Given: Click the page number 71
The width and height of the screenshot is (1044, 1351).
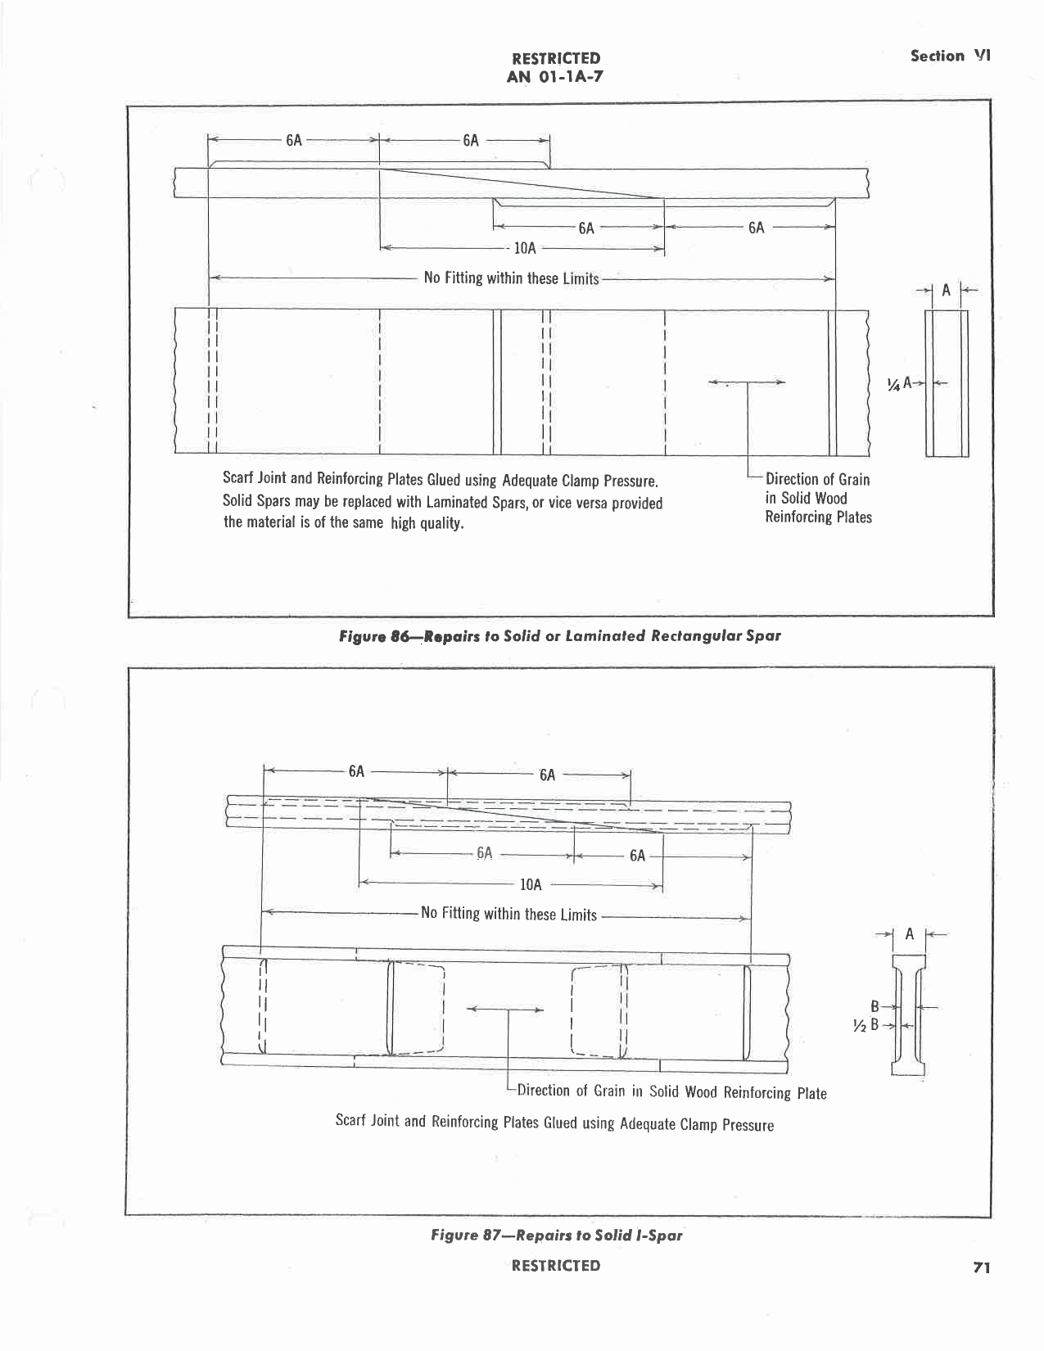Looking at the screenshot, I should tap(982, 1267).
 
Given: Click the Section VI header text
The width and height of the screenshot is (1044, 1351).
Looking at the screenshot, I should tap(951, 56).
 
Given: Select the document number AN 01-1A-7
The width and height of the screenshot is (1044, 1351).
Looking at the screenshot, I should tap(556, 77).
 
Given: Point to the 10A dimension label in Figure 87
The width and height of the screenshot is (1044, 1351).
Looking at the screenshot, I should tap(531, 884).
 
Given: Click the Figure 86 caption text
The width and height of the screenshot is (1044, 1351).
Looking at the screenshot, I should tap(560, 635).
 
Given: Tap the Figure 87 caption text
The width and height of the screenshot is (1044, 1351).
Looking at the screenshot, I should tap(556, 1235).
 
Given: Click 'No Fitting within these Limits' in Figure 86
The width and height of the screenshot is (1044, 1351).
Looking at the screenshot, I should tap(511, 278).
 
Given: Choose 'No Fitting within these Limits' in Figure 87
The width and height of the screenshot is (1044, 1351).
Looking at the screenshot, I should tap(508, 914).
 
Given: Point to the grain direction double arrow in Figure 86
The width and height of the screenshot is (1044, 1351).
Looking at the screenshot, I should tap(746, 382).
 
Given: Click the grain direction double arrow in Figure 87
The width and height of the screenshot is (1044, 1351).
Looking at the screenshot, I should tap(504, 1010).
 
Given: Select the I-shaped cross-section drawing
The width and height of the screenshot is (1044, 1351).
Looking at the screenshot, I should tap(908, 1015).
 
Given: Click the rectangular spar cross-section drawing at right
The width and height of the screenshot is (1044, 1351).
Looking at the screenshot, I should tap(947, 383).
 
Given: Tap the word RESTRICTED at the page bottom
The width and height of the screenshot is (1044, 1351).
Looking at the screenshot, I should tap(556, 1266).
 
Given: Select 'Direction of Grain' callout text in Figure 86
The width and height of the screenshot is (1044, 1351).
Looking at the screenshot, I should tap(817, 479).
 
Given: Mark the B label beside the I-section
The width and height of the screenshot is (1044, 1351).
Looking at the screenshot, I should tap(875, 1006).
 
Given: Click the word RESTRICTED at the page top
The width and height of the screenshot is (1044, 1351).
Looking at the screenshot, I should tap(556, 58).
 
